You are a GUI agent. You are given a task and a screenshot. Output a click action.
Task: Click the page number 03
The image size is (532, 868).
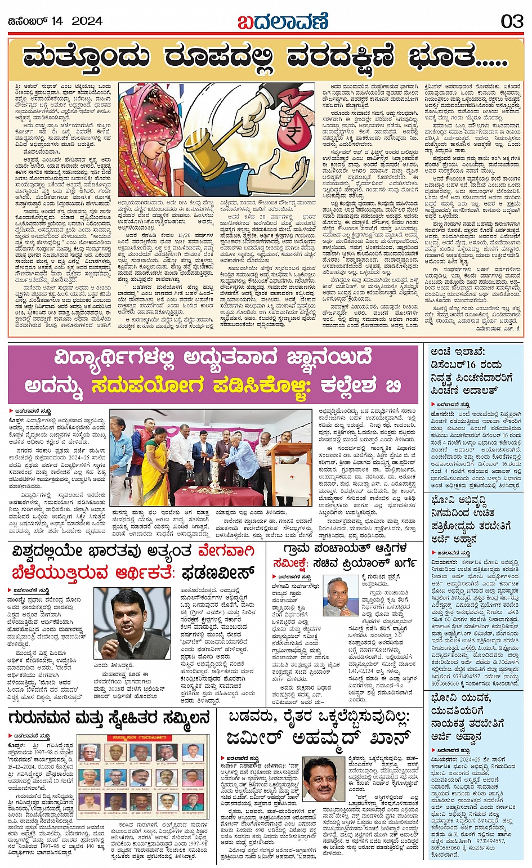tap(512, 21)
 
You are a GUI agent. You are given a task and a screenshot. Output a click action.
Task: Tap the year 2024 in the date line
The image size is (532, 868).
tap(87, 21)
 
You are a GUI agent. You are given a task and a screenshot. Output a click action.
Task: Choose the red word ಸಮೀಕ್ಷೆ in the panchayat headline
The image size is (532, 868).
tap(296, 562)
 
